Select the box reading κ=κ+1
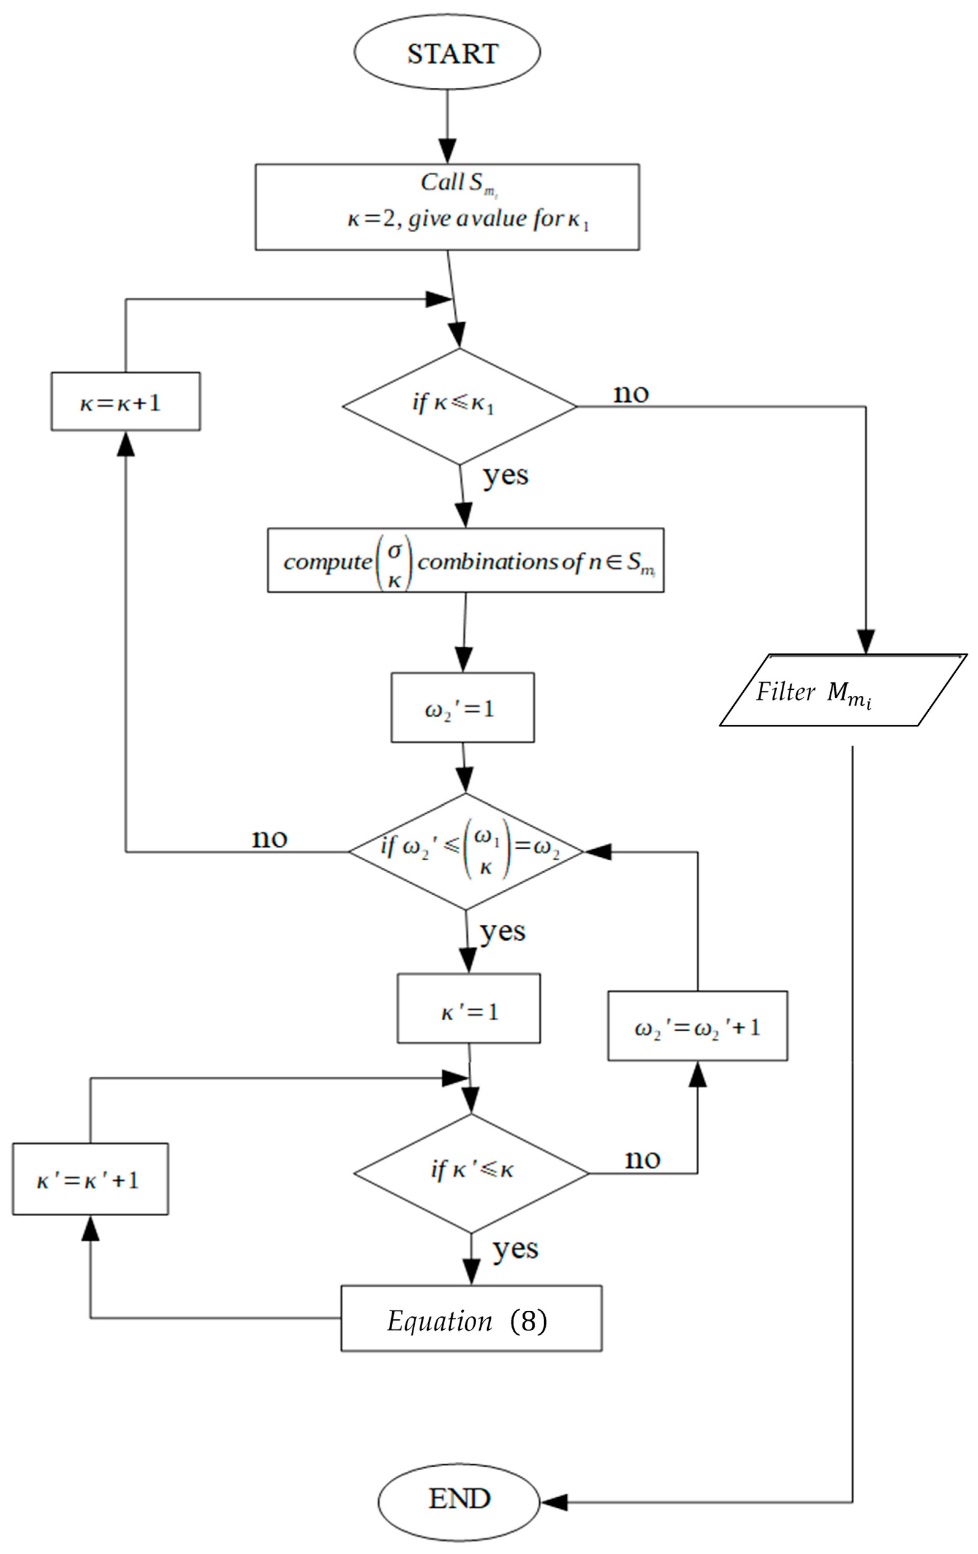click(x=125, y=401)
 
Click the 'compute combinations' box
click(x=465, y=560)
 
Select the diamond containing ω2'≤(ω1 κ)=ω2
click(x=466, y=852)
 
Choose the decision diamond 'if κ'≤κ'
click(x=471, y=1173)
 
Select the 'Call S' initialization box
click(x=447, y=207)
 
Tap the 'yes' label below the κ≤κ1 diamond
click(x=505, y=476)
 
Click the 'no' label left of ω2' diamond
click(x=269, y=838)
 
